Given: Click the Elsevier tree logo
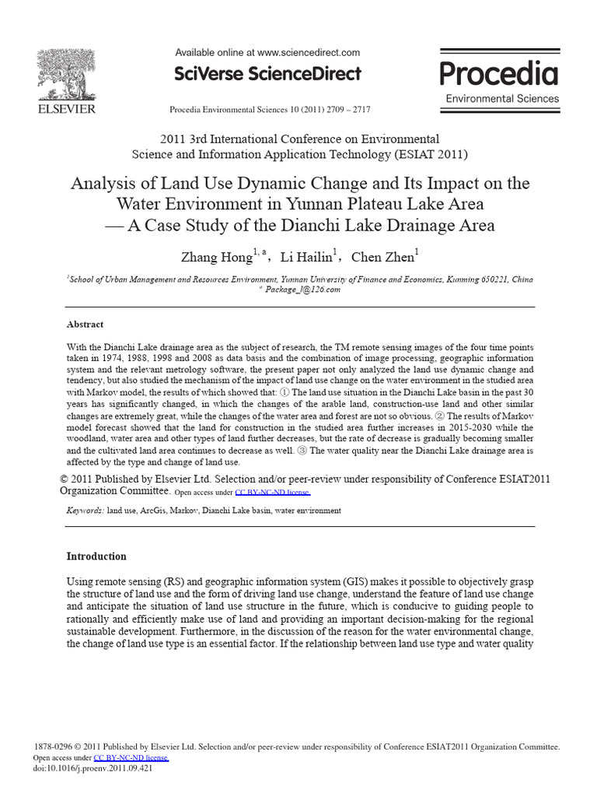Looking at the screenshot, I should tap(67, 75).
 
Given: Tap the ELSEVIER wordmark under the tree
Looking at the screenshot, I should tap(67, 109).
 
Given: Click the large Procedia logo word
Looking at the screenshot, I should tap(499, 74).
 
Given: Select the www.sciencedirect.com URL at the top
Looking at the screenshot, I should tap(308, 53).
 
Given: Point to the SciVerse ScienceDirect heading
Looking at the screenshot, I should tap(267, 74).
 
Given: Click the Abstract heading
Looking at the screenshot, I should tap(85, 325).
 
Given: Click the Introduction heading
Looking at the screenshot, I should tap(96, 556).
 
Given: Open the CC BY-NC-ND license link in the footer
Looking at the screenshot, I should tap(131, 757).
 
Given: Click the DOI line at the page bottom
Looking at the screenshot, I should tap(93, 767).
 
